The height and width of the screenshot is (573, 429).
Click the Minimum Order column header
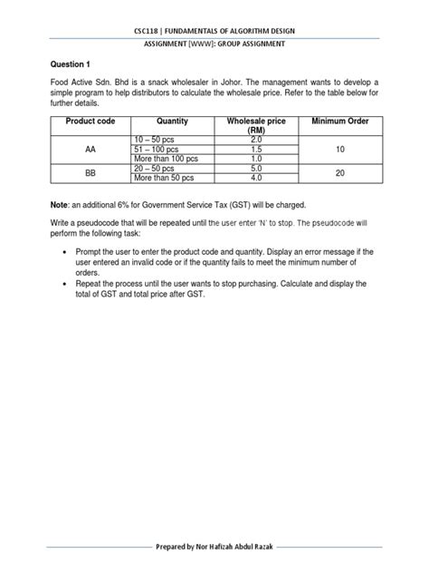(x=341, y=121)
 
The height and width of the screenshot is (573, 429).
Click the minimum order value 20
(x=341, y=172)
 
